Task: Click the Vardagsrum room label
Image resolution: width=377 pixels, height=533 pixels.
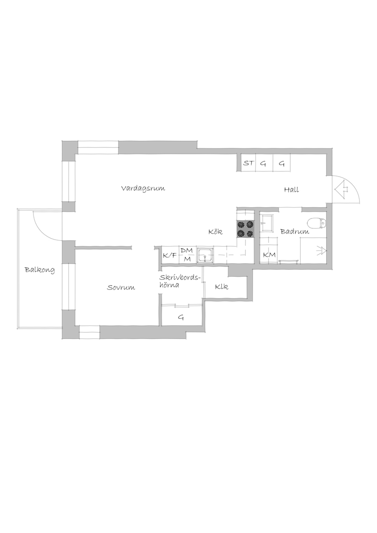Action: click(143, 188)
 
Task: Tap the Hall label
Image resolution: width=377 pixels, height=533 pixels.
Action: click(292, 190)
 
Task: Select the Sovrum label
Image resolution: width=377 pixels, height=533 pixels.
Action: click(121, 288)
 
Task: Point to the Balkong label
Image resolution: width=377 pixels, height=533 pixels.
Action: click(40, 270)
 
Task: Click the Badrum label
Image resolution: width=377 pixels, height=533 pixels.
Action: click(295, 232)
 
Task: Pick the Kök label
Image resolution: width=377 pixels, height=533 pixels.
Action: click(215, 232)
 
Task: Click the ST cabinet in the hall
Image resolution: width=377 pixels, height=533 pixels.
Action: click(248, 163)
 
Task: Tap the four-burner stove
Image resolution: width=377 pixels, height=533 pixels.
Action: click(246, 229)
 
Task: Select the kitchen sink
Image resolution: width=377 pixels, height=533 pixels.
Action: click(205, 255)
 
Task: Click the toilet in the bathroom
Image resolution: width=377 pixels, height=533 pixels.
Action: click(317, 223)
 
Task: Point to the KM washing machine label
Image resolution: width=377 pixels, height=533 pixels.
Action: click(269, 255)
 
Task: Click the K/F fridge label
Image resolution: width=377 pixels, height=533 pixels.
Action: click(170, 255)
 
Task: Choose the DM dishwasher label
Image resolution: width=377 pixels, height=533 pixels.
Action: click(187, 250)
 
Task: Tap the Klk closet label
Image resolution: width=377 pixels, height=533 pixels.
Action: click(221, 287)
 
